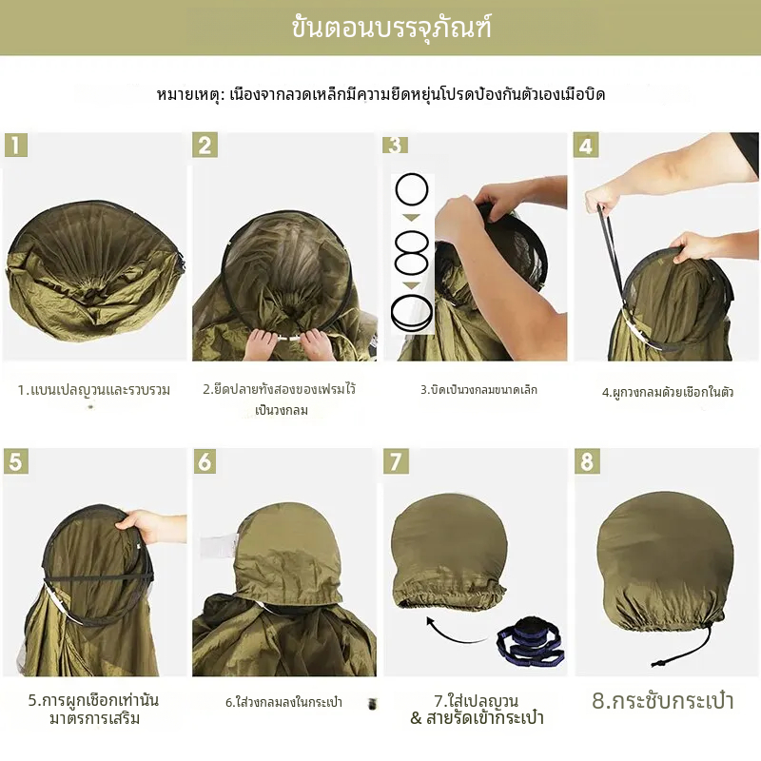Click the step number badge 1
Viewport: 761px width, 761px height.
coord(16,146)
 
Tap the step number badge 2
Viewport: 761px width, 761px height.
coord(205,146)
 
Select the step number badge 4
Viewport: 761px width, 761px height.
coord(586,146)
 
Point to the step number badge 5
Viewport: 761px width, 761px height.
coord(16,461)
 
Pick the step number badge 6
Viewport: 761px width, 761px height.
coord(205,461)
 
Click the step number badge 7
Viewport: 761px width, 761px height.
coord(396,461)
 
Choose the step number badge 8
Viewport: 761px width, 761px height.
coord(587,461)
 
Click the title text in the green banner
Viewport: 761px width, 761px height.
coord(391,28)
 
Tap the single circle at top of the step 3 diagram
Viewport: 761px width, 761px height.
coord(412,189)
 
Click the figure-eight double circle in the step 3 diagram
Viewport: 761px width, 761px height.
coord(412,253)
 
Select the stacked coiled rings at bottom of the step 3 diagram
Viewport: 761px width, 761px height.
coord(412,314)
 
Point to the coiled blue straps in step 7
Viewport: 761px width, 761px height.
coord(530,641)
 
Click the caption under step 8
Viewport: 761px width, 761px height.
coord(662,701)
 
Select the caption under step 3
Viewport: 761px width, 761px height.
coord(478,390)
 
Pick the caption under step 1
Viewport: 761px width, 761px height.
coord(93,390)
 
